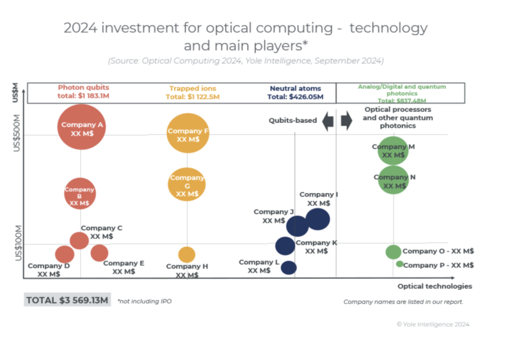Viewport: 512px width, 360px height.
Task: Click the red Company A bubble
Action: pos(81,125)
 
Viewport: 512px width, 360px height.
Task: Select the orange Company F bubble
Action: pos(188,133)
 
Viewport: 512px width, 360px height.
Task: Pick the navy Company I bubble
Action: pos(317,219)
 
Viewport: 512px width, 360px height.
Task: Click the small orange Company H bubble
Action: pos(187,254)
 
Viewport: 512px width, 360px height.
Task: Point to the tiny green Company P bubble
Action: pos(400,263)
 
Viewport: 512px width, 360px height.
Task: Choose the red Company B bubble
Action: pos(80,193)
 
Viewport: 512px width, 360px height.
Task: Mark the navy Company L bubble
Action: pos(289,267)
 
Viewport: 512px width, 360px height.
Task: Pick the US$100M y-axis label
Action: pos(18,242)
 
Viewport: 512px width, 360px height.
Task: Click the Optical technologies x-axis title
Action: pos(435,286)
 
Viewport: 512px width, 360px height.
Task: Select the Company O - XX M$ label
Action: pos(438,251)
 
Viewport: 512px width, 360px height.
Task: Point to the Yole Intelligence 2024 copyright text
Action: pos(433,324)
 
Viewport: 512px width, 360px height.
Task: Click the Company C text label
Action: pos(101,228)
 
